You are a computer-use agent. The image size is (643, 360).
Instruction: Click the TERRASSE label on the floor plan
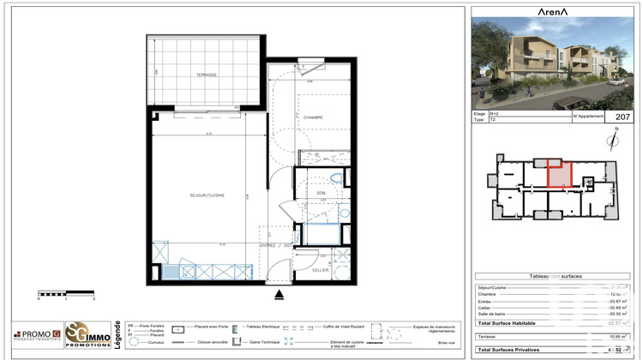click(205, 75)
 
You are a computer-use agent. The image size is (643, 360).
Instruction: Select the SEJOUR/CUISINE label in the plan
click(207, 195)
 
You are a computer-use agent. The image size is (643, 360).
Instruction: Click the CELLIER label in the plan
click(320, 269)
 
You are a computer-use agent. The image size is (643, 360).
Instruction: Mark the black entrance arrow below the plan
click(279, 296)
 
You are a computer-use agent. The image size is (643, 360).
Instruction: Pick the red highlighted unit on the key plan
click(559, 174)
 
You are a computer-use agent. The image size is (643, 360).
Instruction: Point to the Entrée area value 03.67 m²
click(618, 301)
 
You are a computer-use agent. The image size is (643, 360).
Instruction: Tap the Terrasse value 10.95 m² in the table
click(618, 338)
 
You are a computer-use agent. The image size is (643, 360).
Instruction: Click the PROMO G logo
click(36, 334)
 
